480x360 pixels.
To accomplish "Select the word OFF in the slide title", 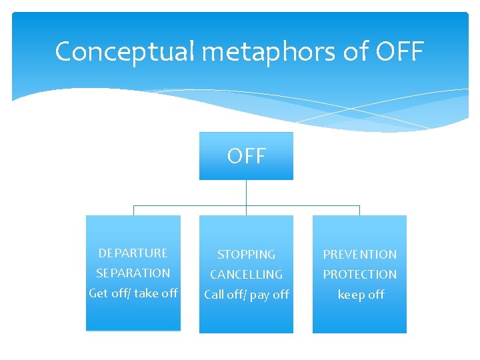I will [400, 51].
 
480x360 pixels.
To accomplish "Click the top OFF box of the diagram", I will [246, 156].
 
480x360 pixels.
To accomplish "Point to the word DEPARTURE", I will [133, 253].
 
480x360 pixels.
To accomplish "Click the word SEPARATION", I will [133, 273].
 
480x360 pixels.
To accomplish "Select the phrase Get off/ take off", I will [133, 293].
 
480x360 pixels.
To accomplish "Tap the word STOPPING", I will [246, 255].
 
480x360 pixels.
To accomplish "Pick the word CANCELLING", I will [246, 275].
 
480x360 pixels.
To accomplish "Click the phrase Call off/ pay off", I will [246, 295].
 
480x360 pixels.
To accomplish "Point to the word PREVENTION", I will [359, 255].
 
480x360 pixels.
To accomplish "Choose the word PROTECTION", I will [359, 275].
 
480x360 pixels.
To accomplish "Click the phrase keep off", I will [361, 295].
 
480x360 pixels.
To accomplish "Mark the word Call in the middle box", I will [215, 295].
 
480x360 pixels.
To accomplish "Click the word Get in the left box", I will [99, 293].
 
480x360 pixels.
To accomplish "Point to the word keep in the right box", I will [351, 295].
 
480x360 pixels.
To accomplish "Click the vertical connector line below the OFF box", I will [246, 193].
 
